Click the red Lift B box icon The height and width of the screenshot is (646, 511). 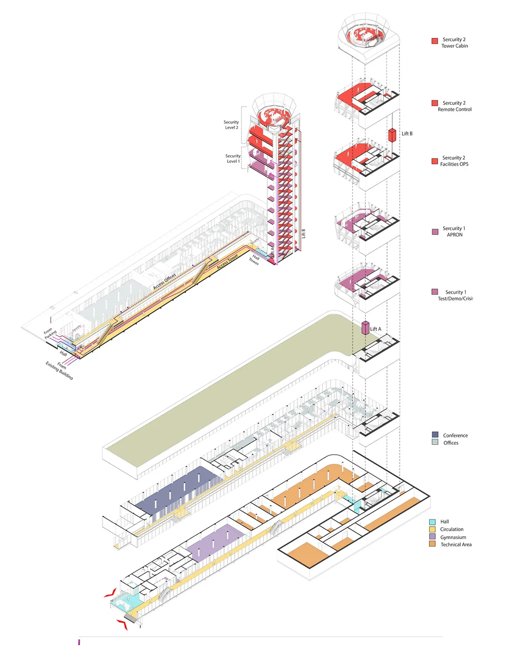point(392,135)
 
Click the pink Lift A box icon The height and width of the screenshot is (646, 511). point(365,328)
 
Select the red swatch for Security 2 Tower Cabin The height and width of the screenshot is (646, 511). point(435,41)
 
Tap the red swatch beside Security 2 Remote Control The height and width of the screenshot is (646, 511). point(435,103)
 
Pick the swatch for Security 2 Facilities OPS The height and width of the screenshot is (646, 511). point(435,161)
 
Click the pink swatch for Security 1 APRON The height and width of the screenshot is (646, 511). point(435,232)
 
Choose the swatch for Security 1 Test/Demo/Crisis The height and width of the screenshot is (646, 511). point(435,292)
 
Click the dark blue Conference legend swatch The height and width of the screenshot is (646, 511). point(435,435)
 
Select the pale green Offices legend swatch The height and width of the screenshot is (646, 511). point(435,442)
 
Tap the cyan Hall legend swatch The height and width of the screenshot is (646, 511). point(432,522)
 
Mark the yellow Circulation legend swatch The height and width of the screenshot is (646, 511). point(432,529)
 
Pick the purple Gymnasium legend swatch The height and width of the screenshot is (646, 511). point(432,537)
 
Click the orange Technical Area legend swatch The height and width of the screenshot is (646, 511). point(432,544)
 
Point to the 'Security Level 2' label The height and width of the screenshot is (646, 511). point(231,125)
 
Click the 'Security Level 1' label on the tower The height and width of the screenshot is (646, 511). point(233,158)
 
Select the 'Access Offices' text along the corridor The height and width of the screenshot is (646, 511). point(165,281)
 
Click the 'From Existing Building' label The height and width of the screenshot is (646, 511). point(60,370)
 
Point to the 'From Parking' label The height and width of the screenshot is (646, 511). point(50,334)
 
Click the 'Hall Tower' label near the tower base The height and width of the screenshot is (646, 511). point(254,260)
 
